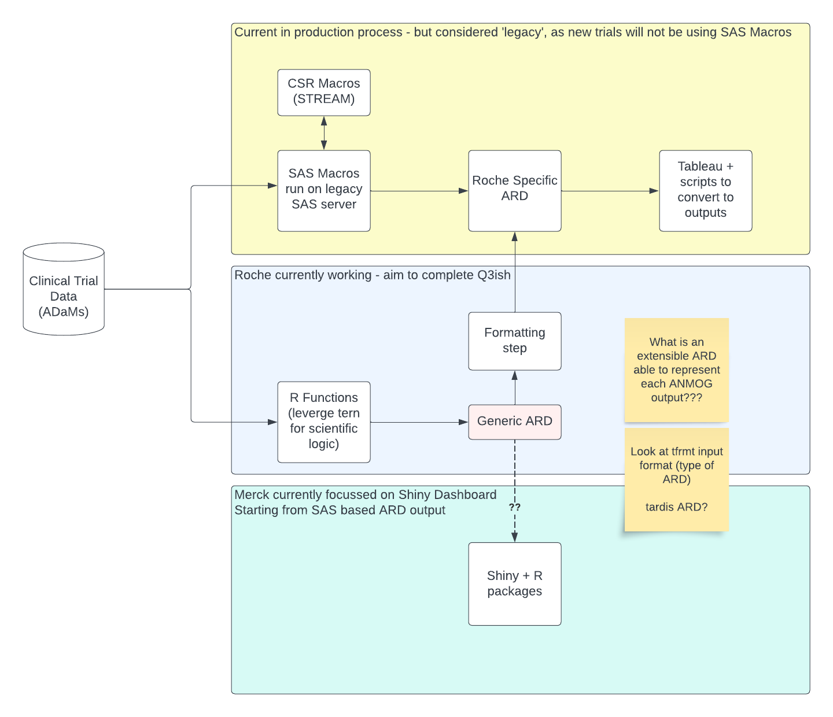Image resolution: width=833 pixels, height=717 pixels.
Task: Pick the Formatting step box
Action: [515, 341]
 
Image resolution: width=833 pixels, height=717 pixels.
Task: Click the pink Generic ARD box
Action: [515, 422]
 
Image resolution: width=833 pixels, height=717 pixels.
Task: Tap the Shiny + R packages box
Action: [515, 584]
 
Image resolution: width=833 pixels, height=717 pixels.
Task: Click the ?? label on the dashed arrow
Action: [515, 507]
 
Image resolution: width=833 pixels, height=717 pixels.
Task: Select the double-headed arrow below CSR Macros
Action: [324, 133]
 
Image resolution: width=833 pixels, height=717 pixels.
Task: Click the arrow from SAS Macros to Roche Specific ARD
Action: [419, 191]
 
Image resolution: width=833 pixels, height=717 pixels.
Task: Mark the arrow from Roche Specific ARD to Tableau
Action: [610, 191]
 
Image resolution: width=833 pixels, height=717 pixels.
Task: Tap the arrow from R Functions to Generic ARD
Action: [419, 422]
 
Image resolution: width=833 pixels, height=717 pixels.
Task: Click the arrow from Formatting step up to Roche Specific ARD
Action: [515, 272]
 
